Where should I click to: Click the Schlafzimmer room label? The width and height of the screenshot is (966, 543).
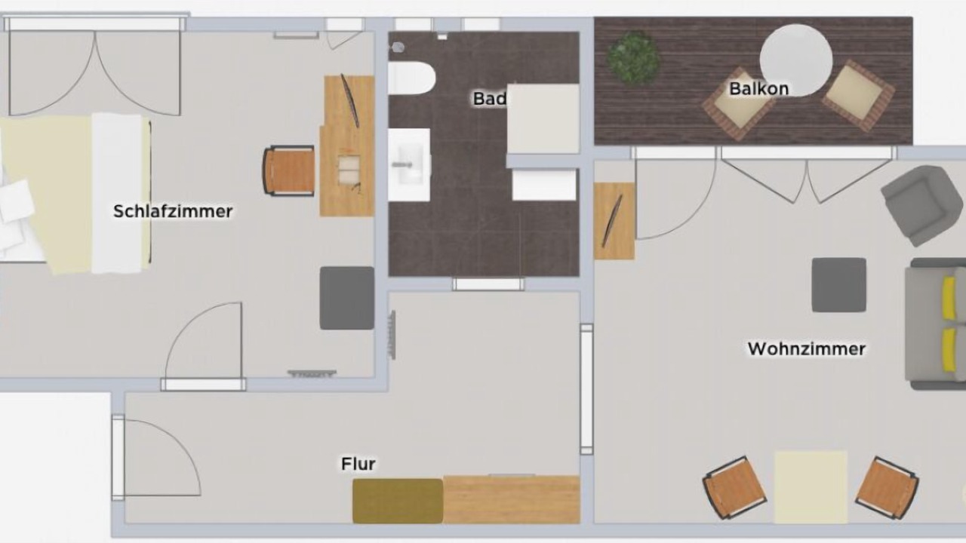[x=173, y=211]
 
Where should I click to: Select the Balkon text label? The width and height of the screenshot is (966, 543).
[x=759, y=89]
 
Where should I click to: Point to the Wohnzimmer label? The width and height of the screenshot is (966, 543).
[x=807, y=348]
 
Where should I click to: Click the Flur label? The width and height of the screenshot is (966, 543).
[x=358, y=464]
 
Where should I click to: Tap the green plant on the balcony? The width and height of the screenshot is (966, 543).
[x=633, y=57]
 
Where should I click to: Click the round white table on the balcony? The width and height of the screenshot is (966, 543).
[x=796, y=60]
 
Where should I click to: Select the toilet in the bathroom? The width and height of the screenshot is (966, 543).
[x=411, y=78]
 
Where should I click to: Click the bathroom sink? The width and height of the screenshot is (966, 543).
[x=409, y=164]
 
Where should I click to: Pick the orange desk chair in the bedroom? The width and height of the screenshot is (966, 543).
[x=288, y=170]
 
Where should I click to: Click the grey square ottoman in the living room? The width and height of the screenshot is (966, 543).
[x=838, y=285]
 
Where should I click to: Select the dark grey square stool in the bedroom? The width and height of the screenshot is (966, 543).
[x=346, y=298]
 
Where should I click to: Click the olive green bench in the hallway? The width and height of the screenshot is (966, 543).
[x=398, y=502]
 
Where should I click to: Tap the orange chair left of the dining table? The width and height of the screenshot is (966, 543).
[x=735, y=487]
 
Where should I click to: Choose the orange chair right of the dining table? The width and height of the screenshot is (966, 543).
[x=887, y=487]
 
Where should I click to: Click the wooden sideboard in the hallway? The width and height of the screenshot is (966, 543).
[x=512, y=499]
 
